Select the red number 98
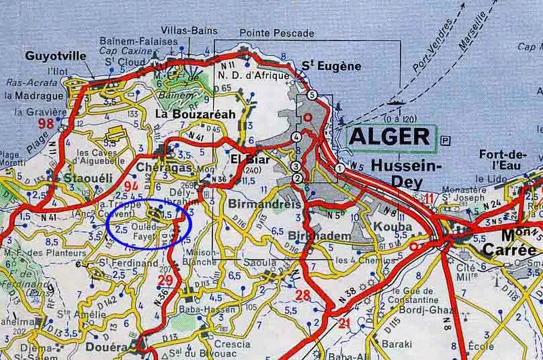coord(46,123)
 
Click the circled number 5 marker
coord(312,94)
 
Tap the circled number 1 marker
coord(339,167)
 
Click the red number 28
coord(303,295)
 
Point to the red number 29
coord(165,281)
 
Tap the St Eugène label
coord(331,66)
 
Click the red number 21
coord(345,323)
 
